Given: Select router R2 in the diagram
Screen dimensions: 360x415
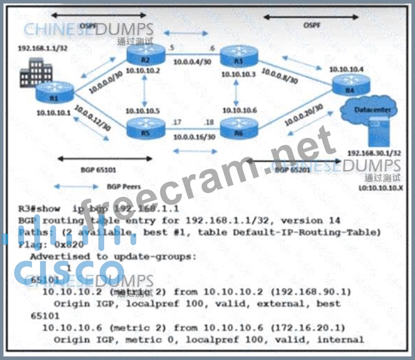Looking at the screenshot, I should coord(144,53).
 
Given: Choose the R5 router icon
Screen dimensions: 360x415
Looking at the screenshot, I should coord(144,129).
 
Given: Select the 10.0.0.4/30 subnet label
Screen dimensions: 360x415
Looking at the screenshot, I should coord(193,63).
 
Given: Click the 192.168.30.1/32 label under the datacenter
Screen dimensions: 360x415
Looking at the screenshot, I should coord(373,153).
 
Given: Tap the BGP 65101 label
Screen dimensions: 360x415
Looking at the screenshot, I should coord(98,170).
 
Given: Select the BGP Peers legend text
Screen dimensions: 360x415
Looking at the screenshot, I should coord(124,187).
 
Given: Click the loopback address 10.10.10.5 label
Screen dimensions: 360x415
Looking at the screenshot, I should coord(143,111).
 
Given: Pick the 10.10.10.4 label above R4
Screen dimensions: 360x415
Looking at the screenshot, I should coord(347,69).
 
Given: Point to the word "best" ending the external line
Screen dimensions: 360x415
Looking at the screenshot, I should coord(329,304).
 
